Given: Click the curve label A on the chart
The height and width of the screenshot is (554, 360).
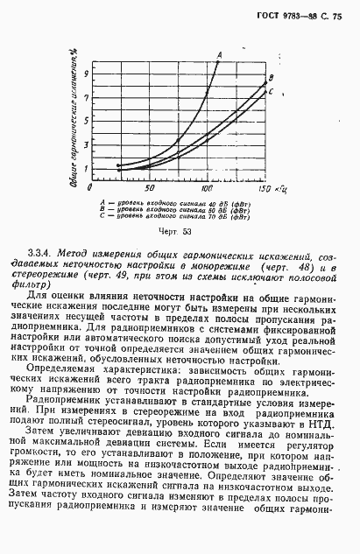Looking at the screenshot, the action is point(219,54).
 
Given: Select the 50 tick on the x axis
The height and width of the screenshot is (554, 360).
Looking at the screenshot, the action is point(150,189).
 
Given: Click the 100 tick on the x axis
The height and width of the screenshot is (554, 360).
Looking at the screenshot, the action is point(207,189).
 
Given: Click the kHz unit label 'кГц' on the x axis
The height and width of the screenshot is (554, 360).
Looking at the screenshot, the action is point(281,188).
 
